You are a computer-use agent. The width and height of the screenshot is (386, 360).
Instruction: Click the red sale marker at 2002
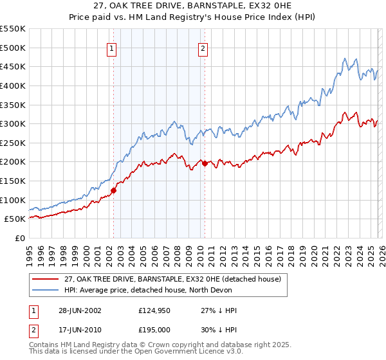tap(113, 190)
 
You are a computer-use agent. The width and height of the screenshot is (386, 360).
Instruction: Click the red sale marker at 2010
tap(205, 164)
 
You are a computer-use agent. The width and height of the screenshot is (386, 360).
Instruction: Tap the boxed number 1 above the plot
tap(112, 48)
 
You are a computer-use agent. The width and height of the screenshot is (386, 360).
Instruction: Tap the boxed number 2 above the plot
tap(203, 48)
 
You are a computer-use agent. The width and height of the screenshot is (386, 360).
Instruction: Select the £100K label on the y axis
tap(13, 200)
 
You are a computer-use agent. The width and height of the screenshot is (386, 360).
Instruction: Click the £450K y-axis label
tap(13, 66)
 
